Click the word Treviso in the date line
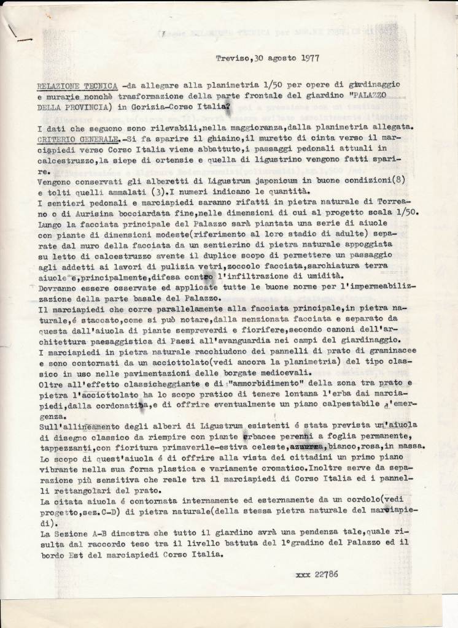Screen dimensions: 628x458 tap(231, 58)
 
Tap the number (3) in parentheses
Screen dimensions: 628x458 tap(138, 193)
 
